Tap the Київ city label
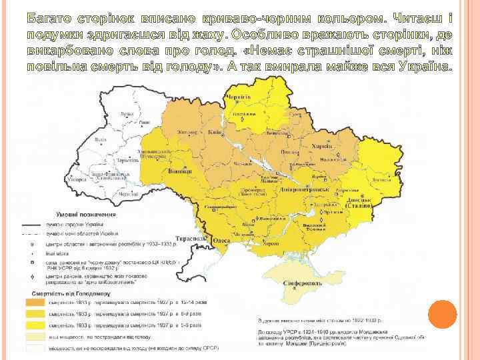point(215,132)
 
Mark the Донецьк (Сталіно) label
point(364,203)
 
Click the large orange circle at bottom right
point(441,315)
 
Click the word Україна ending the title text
point(427,67)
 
